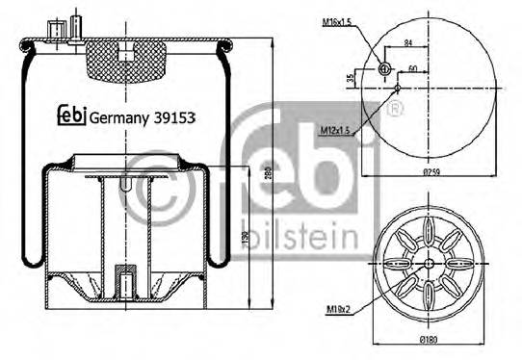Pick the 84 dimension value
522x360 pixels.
click(x=409, y=43)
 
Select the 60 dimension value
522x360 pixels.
click(x=413, y=69)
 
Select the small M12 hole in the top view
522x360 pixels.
click(x=397, y=88)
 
